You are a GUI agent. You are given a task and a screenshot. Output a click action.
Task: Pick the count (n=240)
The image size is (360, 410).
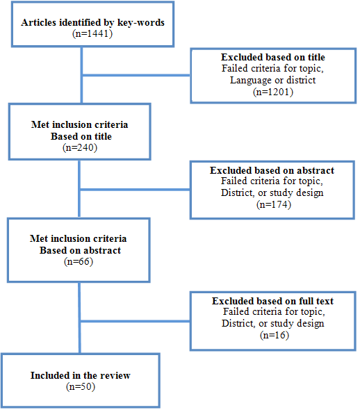click(80, 147)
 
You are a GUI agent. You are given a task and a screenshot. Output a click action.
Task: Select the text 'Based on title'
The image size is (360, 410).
click(80, 136)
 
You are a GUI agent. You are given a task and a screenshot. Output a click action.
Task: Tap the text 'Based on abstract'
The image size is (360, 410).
click(80, 250)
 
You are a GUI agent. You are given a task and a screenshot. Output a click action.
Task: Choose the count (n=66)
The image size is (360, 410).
click(80, 261)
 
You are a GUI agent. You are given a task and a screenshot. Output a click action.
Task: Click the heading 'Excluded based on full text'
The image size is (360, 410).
click(272, 301)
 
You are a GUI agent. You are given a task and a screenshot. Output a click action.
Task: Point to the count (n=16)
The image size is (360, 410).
click(272, 335)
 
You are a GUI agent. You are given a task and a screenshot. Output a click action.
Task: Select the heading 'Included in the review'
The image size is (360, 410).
click(80, 375)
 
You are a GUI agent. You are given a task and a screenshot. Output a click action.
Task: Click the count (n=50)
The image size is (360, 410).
click(80, 386)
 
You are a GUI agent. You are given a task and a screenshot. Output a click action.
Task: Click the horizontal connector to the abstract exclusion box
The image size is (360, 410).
click(135, 188)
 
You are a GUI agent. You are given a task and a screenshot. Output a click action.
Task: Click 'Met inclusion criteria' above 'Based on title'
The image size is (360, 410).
click(80, 125)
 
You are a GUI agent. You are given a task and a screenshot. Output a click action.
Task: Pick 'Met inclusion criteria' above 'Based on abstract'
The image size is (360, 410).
click(80, 239)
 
